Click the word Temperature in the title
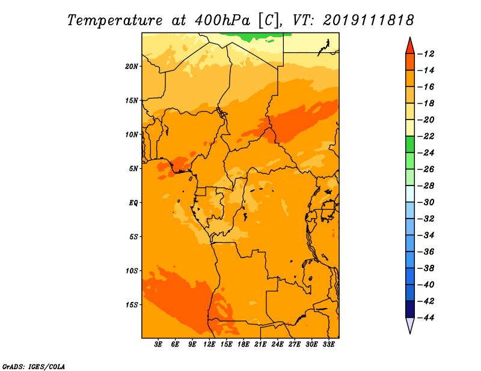click(x=115, y=20)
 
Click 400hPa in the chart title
click(x=222, y=20)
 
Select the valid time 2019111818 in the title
click(x=369, y=20)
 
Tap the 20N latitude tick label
click(x=131, y=67)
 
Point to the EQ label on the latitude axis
click(x=133, y=203)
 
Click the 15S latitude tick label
click(x=131, y=305)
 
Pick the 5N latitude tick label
click(x=133, y=169)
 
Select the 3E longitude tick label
click(x=158, y=345)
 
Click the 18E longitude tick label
click(x=244, y=345)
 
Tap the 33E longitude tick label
click(x=328, y=345)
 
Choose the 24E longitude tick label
click(x=277, y=345)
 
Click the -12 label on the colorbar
click(x=426, y=54)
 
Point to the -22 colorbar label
click(x=426, y=136)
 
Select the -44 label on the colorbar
click(x=426, y=318)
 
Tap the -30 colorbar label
click(x=426, y=202)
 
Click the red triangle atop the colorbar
click(x=410, y=47)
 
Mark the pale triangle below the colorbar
click(x=410, y=325)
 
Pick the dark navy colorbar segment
click(x=410, y=309)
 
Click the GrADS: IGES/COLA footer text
click(x=34, y=367)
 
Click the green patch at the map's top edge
click(x=254, y=36)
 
